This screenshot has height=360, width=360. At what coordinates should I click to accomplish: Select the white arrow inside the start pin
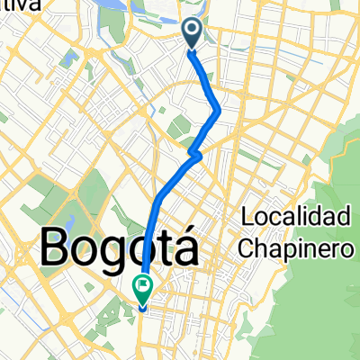coord(194,31)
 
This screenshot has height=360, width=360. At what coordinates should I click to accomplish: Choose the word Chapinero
coord(296,246)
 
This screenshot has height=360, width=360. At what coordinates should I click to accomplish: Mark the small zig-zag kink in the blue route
coord(194,157)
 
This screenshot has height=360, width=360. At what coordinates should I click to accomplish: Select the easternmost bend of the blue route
coord(220,110)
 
